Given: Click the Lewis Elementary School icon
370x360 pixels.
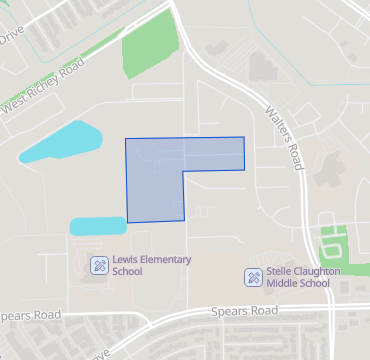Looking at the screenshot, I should coord(100,265).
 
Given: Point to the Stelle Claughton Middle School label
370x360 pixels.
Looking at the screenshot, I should coord(297,277).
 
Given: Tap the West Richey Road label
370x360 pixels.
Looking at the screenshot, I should coord(43,98).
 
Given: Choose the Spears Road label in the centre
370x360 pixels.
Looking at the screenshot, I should coord(244,312).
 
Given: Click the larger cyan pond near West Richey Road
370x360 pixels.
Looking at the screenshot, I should coord(60,143).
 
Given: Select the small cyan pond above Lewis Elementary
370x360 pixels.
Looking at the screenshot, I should coord(97,226).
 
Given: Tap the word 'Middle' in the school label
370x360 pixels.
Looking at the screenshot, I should coord(283,283).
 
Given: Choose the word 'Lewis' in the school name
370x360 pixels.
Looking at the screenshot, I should coord(125,259).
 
